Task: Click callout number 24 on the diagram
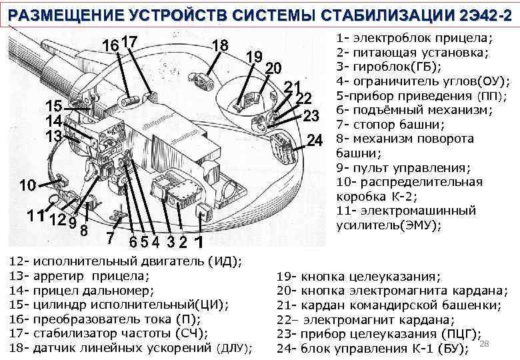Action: [315, 141]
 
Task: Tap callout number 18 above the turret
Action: [220, 45]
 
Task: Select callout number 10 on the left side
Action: [27, 185]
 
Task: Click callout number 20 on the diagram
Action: [273, 69]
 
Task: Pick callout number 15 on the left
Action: [54, 107]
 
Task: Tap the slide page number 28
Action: [485, 343]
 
